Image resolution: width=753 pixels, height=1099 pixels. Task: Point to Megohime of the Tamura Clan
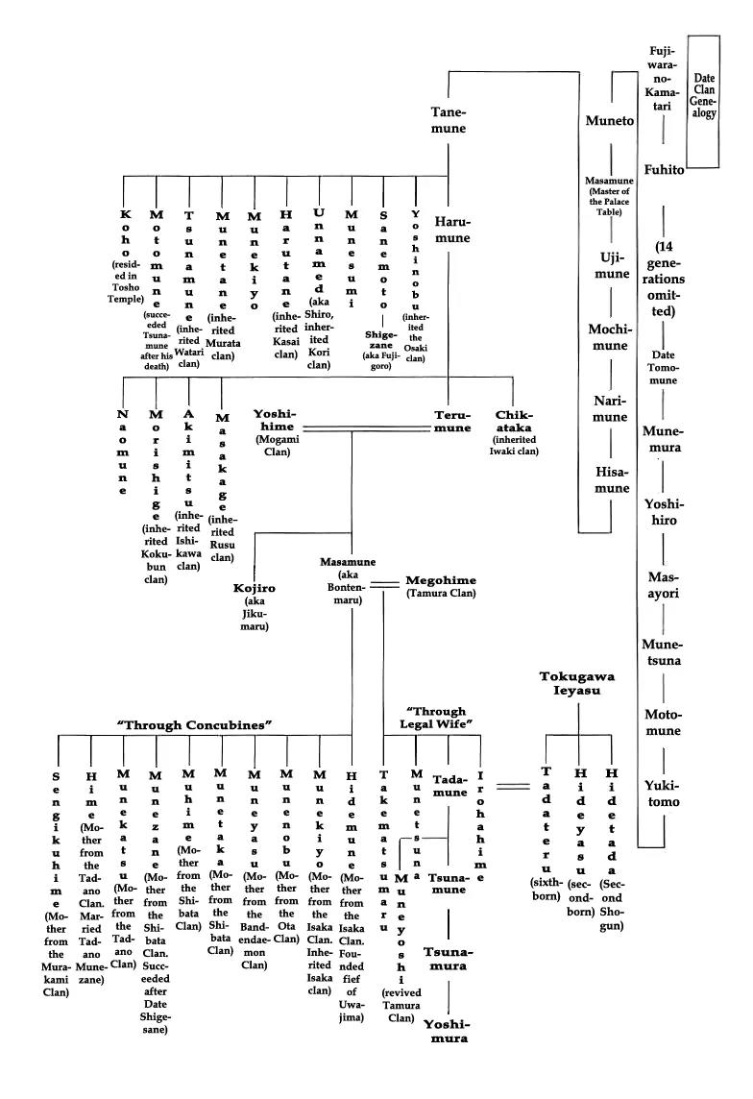click(441, 586)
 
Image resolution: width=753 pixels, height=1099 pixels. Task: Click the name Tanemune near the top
click(449, 121)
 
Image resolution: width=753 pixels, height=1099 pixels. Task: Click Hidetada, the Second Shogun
click(610, 845)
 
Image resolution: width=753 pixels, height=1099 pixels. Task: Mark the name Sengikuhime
click(56, 865)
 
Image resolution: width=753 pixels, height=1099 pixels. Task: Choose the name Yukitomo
click(663, 794)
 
